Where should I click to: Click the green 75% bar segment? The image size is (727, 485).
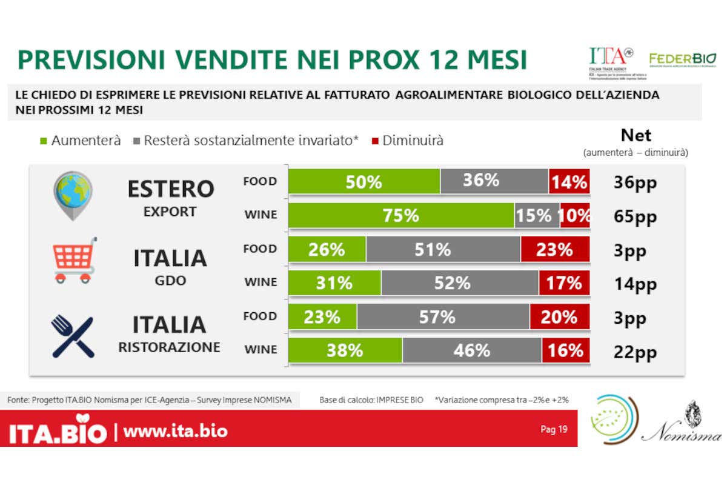pos(401,215)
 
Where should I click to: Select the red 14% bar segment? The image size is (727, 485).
pos(569,181)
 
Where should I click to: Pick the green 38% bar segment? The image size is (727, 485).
pos(345,350)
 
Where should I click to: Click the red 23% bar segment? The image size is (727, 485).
pos(554,249)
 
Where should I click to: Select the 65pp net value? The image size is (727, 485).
pos(635,216)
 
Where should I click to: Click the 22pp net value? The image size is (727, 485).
pos(635,351)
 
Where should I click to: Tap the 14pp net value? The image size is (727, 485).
pos(634,284)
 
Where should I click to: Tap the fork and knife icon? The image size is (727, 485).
pos(73,335)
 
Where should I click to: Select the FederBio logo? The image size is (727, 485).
pos(682,59)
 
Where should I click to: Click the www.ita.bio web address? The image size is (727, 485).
pos(176,431)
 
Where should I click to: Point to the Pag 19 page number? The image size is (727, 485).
pos(554,429)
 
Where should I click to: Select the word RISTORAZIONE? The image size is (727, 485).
pos(169,347)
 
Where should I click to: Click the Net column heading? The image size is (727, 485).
pos(636,135)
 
